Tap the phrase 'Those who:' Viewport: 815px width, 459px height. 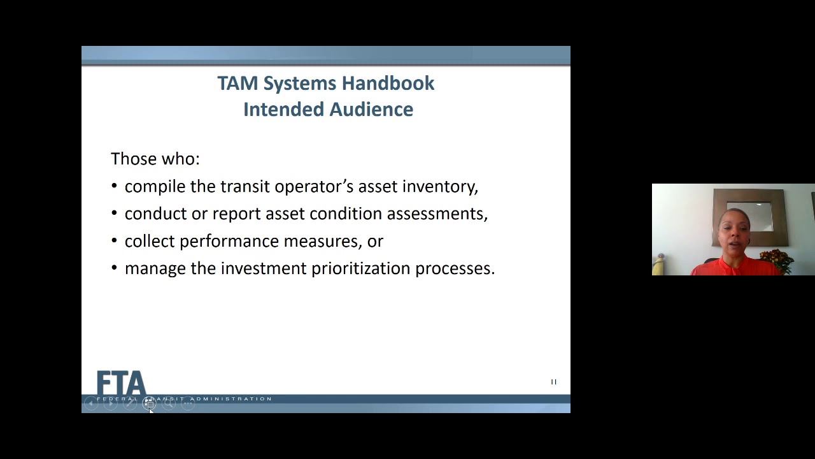coord(155,159)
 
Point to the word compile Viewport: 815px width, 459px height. coord(155,187)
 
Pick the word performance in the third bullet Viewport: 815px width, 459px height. coord(229,242)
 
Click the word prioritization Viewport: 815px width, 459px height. coord(360,269)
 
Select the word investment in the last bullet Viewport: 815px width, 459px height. coord(264,269)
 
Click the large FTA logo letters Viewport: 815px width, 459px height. coord(121,382)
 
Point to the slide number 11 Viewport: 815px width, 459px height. coord(553,382)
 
